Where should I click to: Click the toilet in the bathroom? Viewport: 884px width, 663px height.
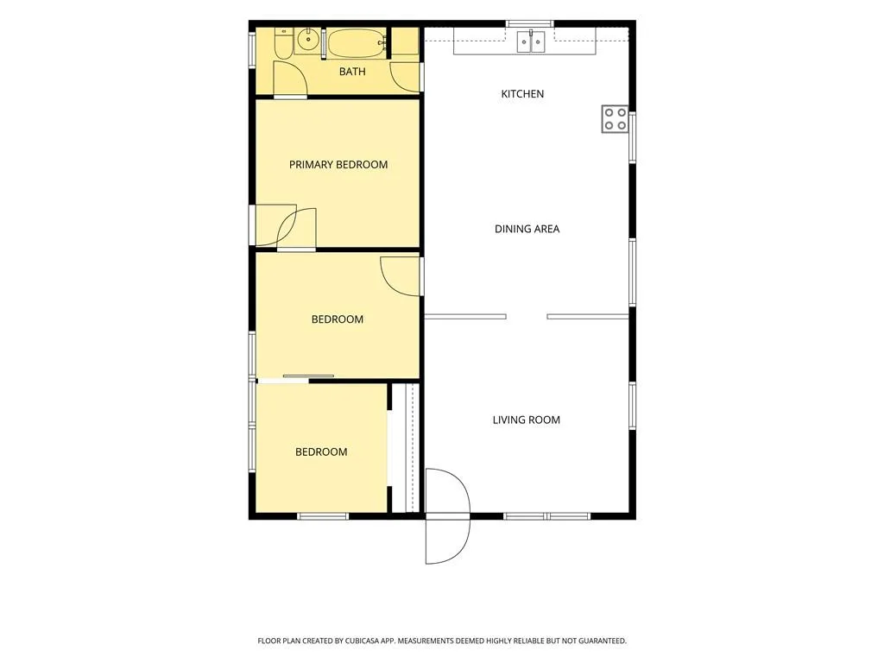click(283, 42)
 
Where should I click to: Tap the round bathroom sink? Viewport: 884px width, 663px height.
click(307, 40)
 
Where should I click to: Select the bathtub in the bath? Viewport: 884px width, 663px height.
click(357, 43)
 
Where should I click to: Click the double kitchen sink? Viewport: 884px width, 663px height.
click(531, 41)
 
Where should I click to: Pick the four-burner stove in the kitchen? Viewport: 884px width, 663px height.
click(615, 119)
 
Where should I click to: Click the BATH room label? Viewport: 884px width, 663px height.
click(352, 72)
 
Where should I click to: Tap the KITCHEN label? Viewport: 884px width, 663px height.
click(522, 94)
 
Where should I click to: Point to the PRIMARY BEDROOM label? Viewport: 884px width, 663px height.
click(338, 165)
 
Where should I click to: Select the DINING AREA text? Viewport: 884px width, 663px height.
click(527, 229)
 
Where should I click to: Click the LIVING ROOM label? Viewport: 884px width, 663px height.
click(527, 420)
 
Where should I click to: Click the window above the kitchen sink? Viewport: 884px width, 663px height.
click(529, 23)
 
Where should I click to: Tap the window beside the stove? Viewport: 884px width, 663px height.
click(633, 138)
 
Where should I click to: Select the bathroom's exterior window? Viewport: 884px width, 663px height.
click(252, 51)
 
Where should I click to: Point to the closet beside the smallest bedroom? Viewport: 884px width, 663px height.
click(406, 448)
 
